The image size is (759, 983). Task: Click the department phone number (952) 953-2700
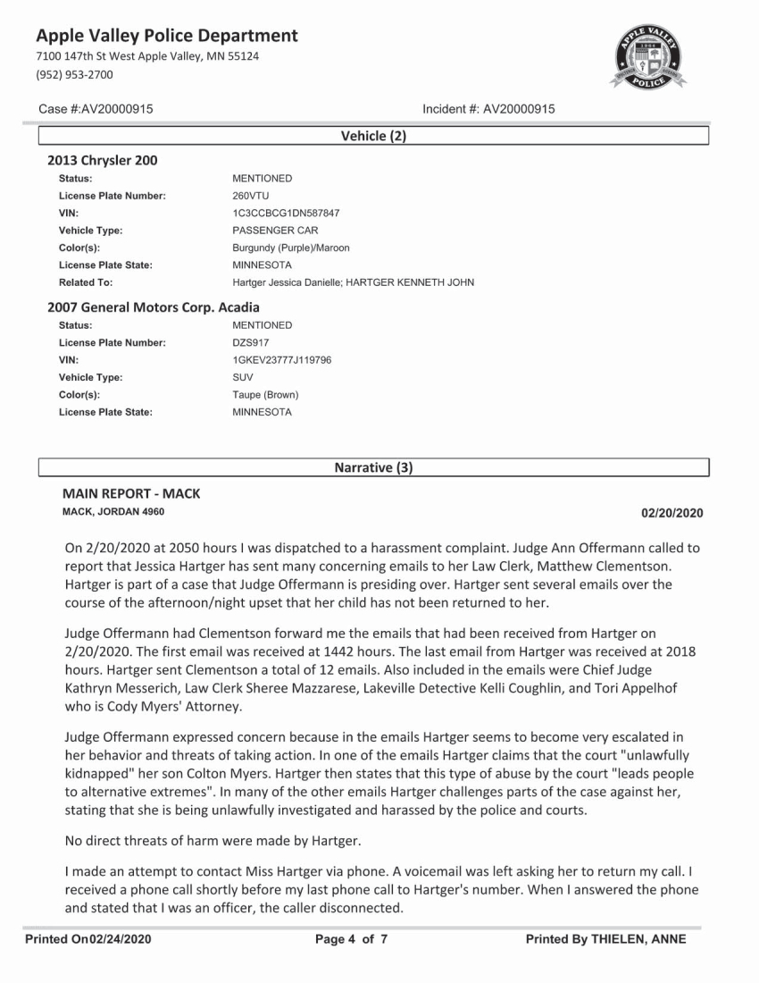tap(75, 74)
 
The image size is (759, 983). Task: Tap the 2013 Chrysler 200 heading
tap(103, 161)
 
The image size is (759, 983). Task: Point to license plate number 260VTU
tap(250, 196)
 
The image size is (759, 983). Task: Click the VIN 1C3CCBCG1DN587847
tap(286, 214)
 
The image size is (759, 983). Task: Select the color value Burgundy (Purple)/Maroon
tap(291, 248)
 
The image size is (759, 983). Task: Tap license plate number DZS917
tap(251, 342)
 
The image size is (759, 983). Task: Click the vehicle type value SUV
tap(243, 377)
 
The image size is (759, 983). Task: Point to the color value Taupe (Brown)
tap(265, 394)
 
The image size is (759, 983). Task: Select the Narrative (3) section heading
tap(372, 467)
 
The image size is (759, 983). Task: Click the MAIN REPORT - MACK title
tap(131, 493)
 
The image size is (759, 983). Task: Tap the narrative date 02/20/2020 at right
tap(671, 513)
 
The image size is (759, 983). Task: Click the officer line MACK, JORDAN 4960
tap(113, 512)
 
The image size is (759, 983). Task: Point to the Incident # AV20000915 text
tap(488, 109)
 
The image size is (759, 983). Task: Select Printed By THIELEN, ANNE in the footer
tap(605, 939)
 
